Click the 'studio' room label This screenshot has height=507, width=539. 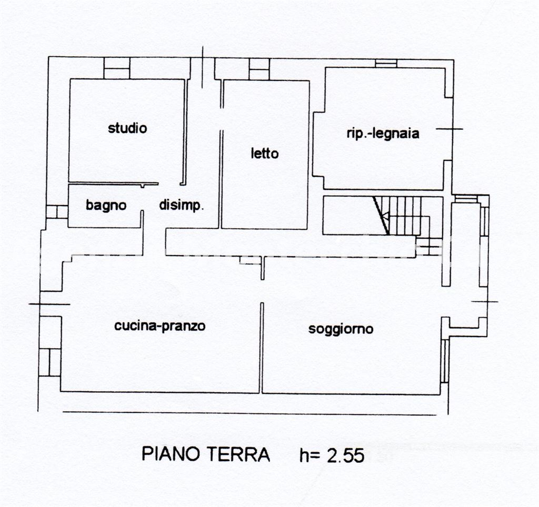pyautogui.click(x=127, y=128)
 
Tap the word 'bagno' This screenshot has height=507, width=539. pyautogui.click(x=106, y=206)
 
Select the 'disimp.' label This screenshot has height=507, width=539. pyautogui.click(x=181, y=206)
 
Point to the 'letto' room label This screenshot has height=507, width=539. pyautogui.click(x=264, y=154)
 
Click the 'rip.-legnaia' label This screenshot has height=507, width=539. pyautogui.click(x=383, y=134)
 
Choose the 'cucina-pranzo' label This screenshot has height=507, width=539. pyautogui.click(x=159, y=326)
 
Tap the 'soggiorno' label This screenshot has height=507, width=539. pyautogui.click(x=341, y=329)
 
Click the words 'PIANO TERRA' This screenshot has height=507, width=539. pyautogui.click(x=206, y=454)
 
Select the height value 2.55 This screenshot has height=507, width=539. pyautogui.click(x=345, y=455)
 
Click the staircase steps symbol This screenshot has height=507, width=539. pyautogui.click(x=408, y=215)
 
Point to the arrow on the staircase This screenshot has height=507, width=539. pyautogui.click(x=385, y=216)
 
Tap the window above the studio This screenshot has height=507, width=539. pyautogui.click(x=116, y=68)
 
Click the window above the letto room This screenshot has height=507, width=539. pyautogui.click(x=259, y=69)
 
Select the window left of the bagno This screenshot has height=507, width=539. pyautogui.click(x=56, y=212)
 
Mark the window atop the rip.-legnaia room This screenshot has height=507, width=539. pyautogui.click(x=386, y=63)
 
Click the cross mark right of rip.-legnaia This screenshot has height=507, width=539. pyautogui.click(x=450, y=129)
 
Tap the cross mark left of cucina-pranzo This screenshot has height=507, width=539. pyautogui.click(x=49, y=304)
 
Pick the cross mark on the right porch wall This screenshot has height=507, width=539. pyautogui.click(x=484, y=301)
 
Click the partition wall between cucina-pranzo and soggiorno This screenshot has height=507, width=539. pyautogui.click(x=261, y=347)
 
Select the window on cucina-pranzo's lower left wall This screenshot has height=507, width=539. pyautogui.click(x=49, y=362)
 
